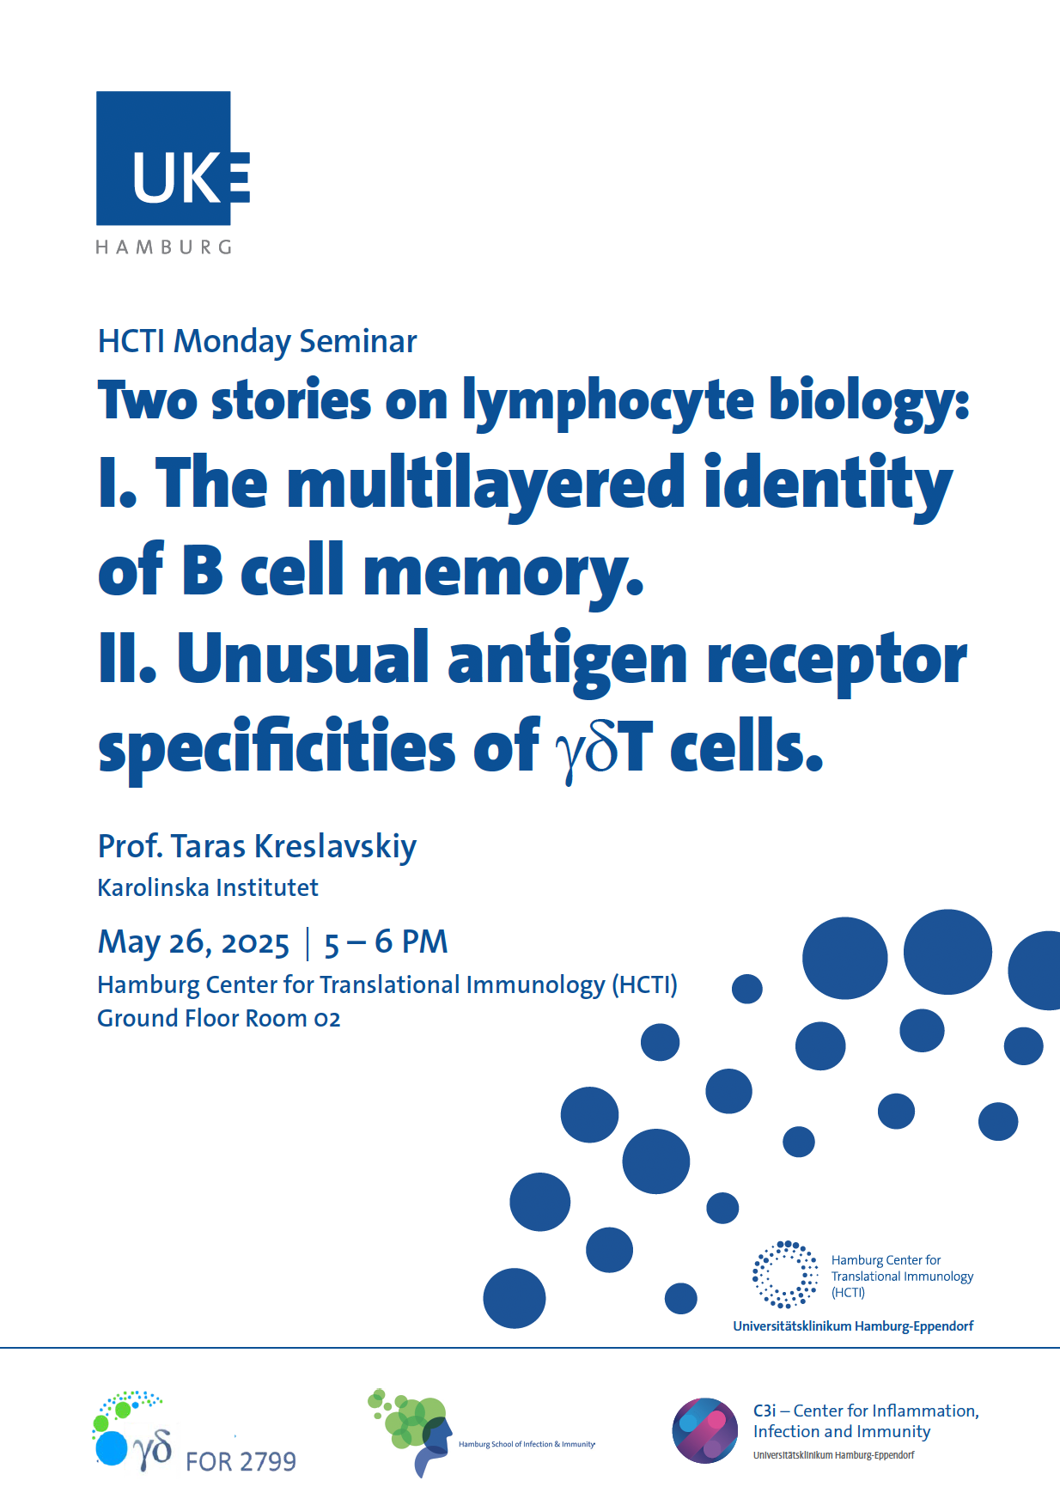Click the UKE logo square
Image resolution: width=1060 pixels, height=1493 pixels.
click(163, 158)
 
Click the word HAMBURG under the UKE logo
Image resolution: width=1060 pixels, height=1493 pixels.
click(163, 247)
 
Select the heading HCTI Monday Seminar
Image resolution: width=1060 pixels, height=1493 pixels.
click(257, 342)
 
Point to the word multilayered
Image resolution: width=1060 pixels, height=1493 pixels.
click(486, 484)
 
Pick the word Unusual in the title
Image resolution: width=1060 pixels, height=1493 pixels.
click(302, 658)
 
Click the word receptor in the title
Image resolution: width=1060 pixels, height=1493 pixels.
click(837, 661)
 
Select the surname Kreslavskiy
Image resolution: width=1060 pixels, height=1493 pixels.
click(336, 847)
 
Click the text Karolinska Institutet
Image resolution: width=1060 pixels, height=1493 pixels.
click(208, 887)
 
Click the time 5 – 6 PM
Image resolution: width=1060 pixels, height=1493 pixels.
click(386, 942)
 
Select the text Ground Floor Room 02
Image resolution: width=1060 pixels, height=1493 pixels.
click(219, 1019)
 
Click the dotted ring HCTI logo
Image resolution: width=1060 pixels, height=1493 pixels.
click(785, 1275)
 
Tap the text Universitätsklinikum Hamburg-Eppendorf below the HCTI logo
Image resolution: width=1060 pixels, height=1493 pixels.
click(853, 1326)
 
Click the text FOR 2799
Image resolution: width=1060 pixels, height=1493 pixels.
click(241, 1461)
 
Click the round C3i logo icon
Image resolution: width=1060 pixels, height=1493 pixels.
click(704, 1430)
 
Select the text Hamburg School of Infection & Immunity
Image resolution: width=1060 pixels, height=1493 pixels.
click(527, 1444)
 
